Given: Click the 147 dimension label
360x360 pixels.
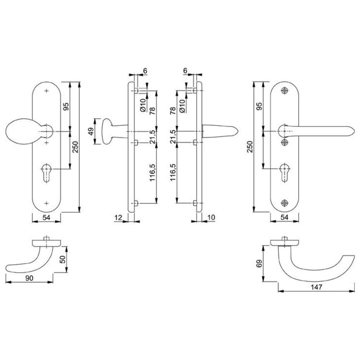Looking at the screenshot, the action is click(317, 287).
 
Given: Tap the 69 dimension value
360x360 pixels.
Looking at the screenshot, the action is click(259, 263).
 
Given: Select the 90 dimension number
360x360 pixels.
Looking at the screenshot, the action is click(29, 278).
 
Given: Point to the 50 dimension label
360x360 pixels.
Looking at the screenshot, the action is click(63, 259).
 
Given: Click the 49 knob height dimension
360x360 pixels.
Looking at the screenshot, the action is click(91, 131).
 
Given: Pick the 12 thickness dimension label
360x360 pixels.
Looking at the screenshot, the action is click(118, 217).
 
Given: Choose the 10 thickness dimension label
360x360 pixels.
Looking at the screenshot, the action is click(211, 217).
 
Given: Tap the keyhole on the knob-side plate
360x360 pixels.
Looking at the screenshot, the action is click(46, 173).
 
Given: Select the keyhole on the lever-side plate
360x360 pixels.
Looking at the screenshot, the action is click(285, 173).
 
